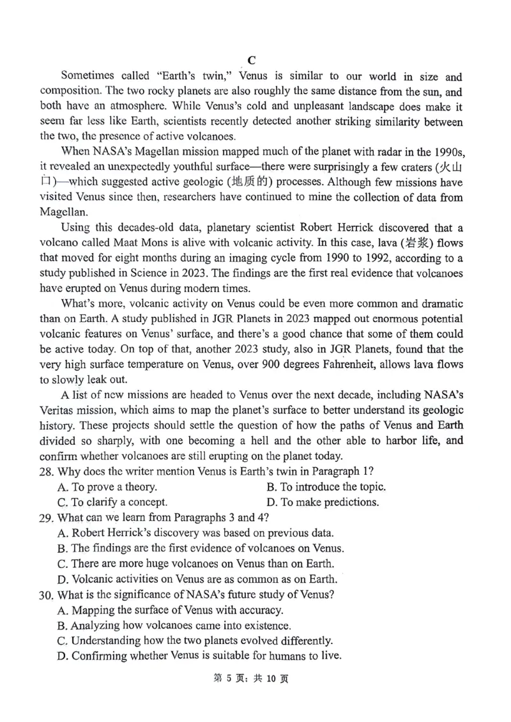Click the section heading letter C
click(252, 60)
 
